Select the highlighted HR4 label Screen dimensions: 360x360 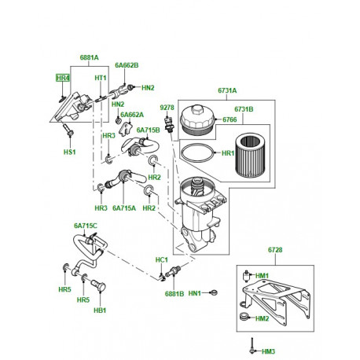point(62,79)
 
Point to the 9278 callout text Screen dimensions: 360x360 point(167,106)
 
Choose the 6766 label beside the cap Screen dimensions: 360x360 point(230,119)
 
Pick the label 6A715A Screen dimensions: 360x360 point(123,208)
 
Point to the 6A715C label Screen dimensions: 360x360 point(85,226)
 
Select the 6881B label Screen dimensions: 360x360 point(174,294)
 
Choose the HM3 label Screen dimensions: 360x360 point(269,351)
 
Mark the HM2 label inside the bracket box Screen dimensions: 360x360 point(262,318)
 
